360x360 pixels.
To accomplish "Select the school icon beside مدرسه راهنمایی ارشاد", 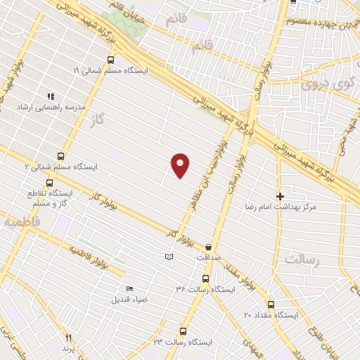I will pos(50,96).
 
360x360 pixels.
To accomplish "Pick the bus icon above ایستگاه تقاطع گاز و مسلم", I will pos(49,182).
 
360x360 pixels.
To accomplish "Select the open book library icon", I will pos(168,257).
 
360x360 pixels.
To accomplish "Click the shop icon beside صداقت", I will pos(209,246).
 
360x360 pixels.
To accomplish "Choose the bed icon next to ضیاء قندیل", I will pos(129,288).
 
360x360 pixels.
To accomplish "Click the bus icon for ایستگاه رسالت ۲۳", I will pos(183,330).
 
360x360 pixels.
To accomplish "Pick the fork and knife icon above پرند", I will pos(68,338).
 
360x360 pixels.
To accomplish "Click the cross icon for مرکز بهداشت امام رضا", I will pos(280,196).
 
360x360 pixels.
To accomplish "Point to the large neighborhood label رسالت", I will pos(302,260).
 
